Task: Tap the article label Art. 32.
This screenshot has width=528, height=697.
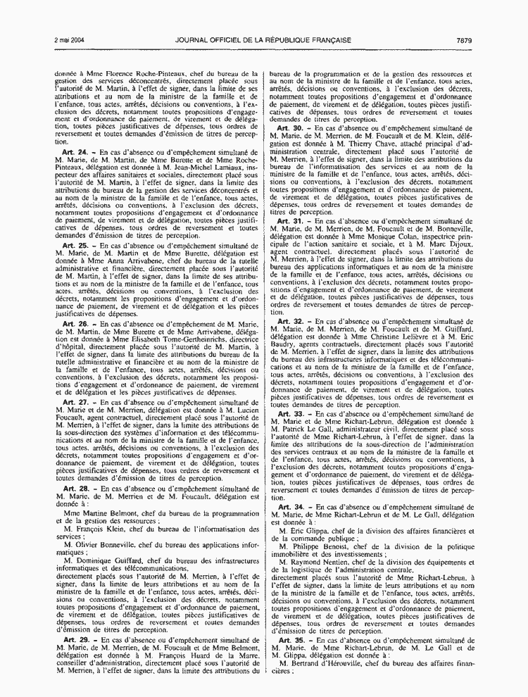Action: (290, 320)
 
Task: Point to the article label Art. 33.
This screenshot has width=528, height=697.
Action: (290, 413)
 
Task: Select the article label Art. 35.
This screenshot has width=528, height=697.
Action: (290, 658)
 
